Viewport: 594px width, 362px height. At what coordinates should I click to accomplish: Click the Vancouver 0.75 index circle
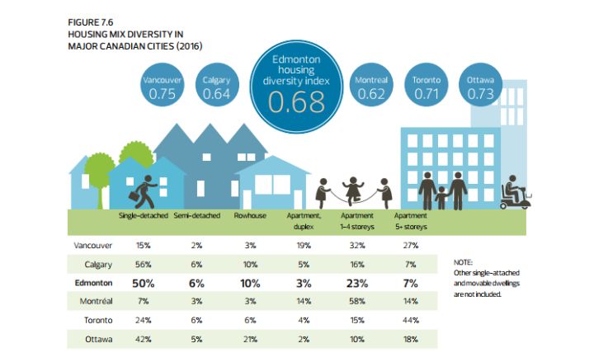(163, 87)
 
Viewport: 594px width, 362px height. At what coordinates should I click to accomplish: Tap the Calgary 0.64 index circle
(216, 87)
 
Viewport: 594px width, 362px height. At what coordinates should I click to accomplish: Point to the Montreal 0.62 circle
(371, 87)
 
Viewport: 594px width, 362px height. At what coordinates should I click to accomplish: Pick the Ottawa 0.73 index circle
(480, 87)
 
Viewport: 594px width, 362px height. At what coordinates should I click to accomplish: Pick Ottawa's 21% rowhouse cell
(247, 339)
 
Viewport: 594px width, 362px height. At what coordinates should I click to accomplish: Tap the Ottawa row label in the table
(98, 339)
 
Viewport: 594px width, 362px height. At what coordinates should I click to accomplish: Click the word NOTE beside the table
(464, 261)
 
